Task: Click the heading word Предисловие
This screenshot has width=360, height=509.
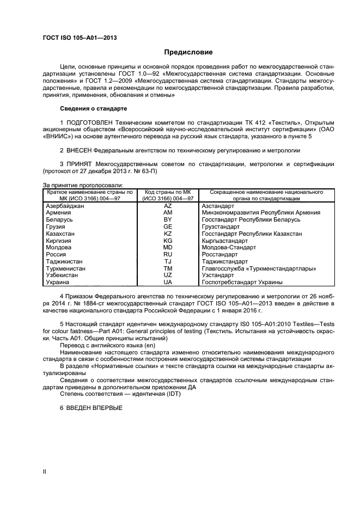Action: pyautogui.click(x=188, y=52)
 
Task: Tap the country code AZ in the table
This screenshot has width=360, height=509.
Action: pyautogui.click(x=168, y=206)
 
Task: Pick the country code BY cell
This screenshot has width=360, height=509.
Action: pyautogui.click(x=168, y=219)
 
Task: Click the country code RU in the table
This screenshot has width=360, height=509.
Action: pyautogui.click(x=168, y=254)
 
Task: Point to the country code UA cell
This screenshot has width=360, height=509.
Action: pyautogui.click(x=168, y=283)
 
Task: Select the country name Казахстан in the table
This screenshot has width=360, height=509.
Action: pyautogui.click(x=60, y=234)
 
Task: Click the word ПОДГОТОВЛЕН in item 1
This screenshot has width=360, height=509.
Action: pyautogui.click(x=90, y=122)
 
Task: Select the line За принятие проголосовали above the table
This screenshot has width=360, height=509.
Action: pyautogui.click(x=82, y=186)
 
